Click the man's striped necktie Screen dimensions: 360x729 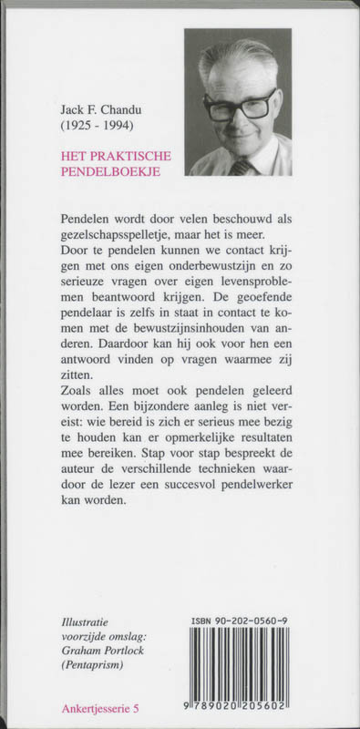(x=243, y=167)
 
